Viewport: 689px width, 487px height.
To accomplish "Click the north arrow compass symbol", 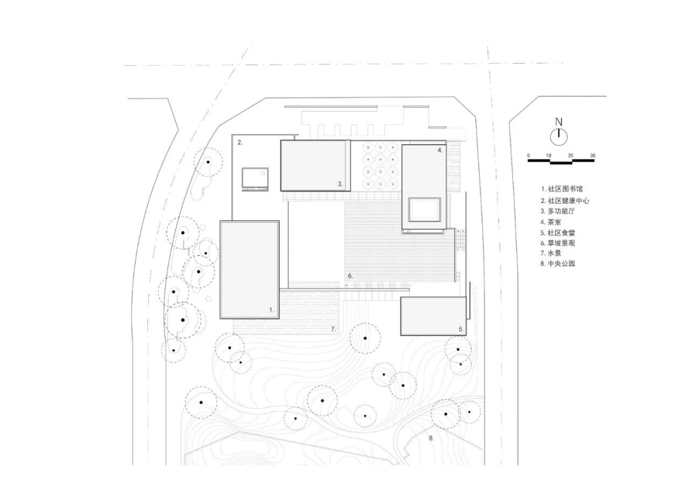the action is (558, 137).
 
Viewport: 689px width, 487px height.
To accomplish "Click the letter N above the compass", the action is (558, 122).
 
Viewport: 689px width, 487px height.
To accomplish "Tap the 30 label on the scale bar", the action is (592, 156).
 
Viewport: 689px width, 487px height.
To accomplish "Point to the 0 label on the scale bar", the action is (529, 156).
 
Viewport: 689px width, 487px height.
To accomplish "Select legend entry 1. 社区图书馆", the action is (561, 189).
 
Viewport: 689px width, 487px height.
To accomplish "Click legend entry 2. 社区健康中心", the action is (565, 200).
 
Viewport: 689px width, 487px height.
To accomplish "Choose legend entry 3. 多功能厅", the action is (558, 211).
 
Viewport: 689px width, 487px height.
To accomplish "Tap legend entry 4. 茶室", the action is (551, 222).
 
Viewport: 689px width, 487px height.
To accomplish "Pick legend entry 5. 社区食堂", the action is (558, 232).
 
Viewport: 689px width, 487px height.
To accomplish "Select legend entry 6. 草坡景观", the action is (558, 243).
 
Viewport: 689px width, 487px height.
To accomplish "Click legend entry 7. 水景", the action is (551, 253).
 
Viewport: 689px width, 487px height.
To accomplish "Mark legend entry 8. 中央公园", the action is (558, 264).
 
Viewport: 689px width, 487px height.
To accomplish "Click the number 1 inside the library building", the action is (272, 310).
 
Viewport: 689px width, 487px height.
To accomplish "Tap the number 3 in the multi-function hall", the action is (340, 184).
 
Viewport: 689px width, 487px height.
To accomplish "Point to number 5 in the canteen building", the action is (461, 329).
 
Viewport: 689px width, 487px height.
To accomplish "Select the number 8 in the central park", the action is (431, 438).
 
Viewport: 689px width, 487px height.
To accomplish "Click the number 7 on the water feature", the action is (333, 329).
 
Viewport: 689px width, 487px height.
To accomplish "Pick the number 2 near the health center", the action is (239, 142).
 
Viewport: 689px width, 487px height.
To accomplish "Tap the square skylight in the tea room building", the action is (424, 209).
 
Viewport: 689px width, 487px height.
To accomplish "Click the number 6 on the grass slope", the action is (350, 276).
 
